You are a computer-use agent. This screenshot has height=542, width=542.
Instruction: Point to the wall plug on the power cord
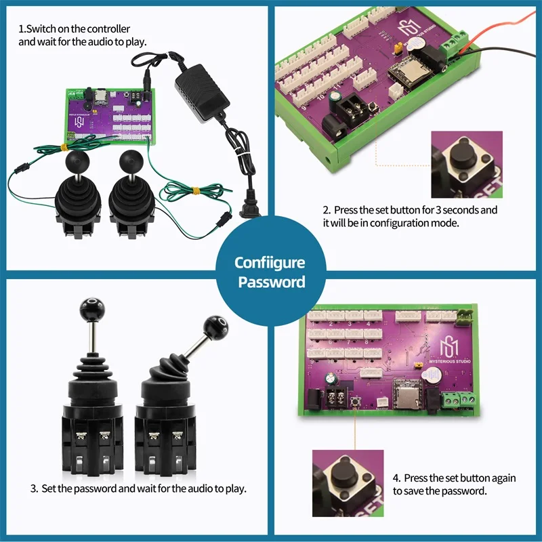click(247, 209)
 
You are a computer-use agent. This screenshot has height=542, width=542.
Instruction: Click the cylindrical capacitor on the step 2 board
click(337, 100)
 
